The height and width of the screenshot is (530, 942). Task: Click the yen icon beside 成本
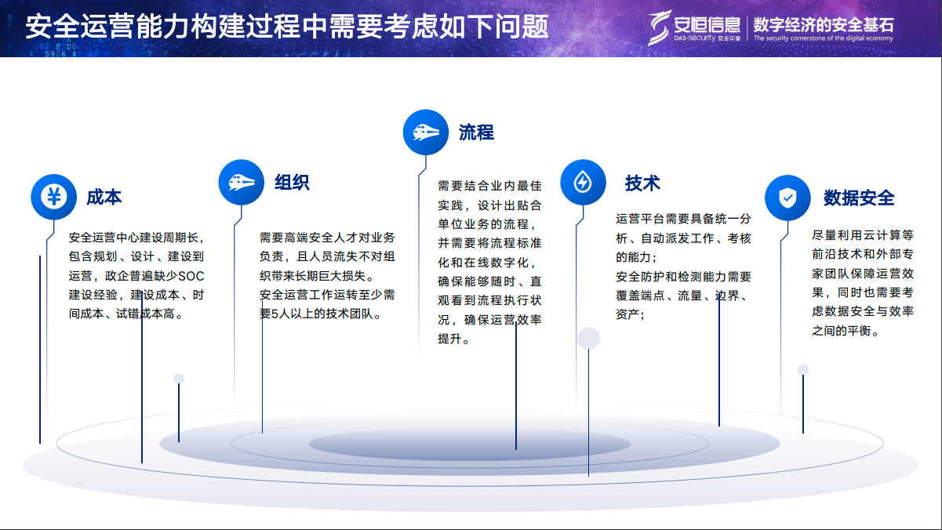coord(53,196)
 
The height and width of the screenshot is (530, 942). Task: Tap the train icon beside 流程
coord(426,132)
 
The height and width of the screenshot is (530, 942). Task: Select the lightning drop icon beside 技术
coord(583,183)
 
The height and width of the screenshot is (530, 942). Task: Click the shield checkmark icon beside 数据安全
coord(787,198)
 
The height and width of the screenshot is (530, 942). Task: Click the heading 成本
coord(104,197)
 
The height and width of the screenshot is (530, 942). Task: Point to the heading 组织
coord(292,183)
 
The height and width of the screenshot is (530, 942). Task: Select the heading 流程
coord(476,132)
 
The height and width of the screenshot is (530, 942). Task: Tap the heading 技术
coord(642,183)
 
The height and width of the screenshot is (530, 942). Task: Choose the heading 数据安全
coord(859,198)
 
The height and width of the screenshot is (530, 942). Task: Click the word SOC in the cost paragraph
coord(191,275)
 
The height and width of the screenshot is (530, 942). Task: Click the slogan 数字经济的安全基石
coord(823,23)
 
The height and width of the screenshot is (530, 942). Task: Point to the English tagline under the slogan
coord(823,38)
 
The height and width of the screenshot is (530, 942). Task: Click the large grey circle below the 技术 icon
coord(588,339)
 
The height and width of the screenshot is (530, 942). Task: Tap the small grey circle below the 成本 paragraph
coord(179,379)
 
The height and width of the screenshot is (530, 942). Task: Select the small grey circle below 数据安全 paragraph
coord(803,370)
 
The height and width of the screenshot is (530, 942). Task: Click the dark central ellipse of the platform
coord(471,445)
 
